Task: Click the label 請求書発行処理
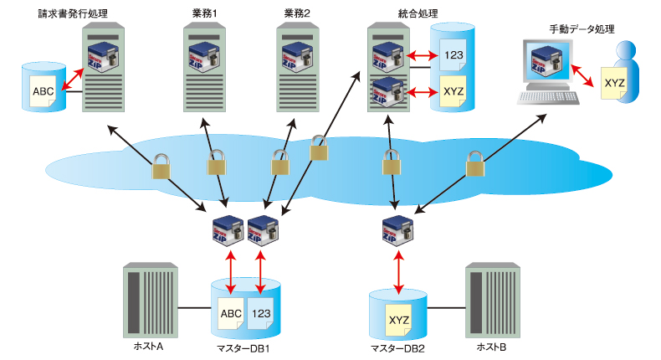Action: [72, 14]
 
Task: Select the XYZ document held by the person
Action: [614, 84]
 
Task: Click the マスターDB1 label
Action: [243, 348]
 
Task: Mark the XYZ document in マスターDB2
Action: [398, 320]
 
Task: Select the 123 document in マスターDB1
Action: [260, 314]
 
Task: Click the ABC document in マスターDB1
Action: [231, 314]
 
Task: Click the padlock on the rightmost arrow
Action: [475, 164]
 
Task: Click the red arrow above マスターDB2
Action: [399, 269]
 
